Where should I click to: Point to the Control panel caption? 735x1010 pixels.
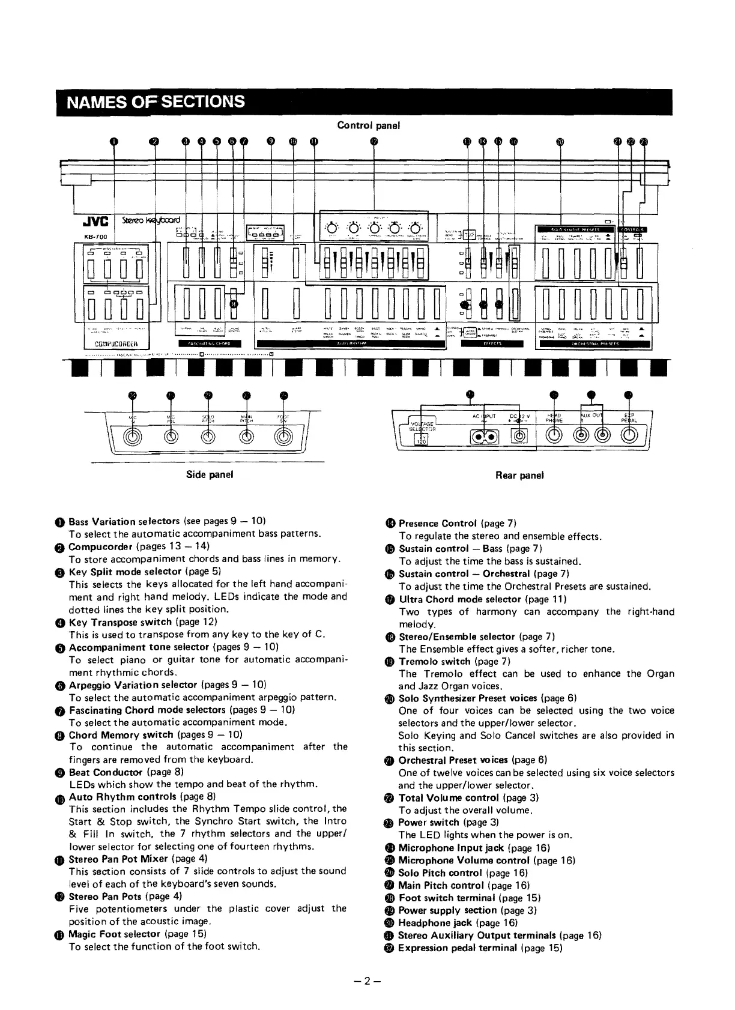pos(368,125)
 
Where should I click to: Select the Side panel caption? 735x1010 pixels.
pos(210,474)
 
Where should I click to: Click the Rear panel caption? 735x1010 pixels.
pos(519,475)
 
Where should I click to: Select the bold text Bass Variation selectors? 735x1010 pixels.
pos(124,521)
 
